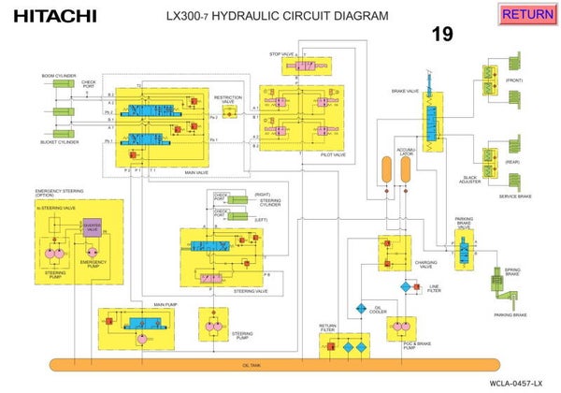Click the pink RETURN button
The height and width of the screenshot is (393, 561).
pos(527,14)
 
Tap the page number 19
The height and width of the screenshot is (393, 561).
pos(442,35)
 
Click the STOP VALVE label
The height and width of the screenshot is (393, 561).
pos(282,54)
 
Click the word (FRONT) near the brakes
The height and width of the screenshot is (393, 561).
pos(514,80)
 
